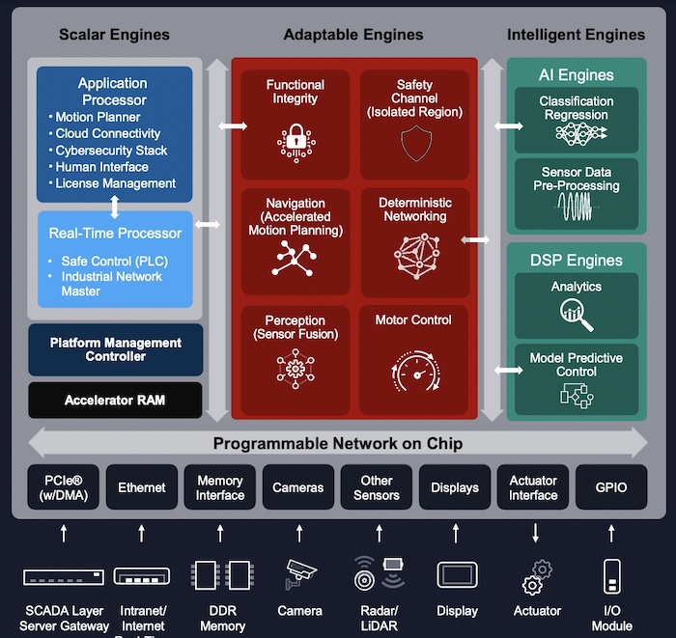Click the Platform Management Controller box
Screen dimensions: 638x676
coord(116,349)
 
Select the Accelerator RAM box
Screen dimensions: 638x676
coord(116,400)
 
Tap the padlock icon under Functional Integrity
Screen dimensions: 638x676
coord(296,142)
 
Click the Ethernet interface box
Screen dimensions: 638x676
coord(142,487)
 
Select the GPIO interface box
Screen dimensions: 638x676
coord(611,487)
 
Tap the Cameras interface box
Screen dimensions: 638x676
coord(298,487)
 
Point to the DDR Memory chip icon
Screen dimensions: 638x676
coord(220,576)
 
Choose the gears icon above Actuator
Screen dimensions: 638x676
coord(536,577)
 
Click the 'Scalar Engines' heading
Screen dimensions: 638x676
coord(114,35)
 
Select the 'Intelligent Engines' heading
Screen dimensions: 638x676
coord(576,35)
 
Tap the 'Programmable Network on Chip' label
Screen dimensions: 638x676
coord(338,444)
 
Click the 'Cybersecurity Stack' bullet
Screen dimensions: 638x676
coord(111,151)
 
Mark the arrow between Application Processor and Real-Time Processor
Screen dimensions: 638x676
coord(115,207)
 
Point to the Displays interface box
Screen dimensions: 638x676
coord(455,487)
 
